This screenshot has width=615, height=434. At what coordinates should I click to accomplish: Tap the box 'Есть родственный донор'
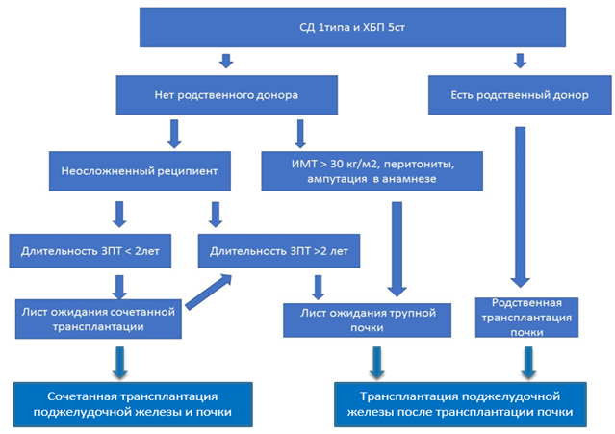[519, 95]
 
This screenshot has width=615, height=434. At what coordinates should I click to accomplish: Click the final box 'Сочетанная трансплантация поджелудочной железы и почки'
[131, 403]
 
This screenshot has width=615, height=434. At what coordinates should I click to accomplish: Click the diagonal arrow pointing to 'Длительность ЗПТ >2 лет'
[209, 290]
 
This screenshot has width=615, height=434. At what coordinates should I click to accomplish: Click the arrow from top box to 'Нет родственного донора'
[226, 62]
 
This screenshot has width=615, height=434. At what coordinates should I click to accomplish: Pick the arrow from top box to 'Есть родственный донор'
[520, 62]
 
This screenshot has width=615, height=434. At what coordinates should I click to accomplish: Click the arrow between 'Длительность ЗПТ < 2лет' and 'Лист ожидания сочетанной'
[121, 285]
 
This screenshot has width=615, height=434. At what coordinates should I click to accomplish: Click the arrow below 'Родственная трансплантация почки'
[526, 361]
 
